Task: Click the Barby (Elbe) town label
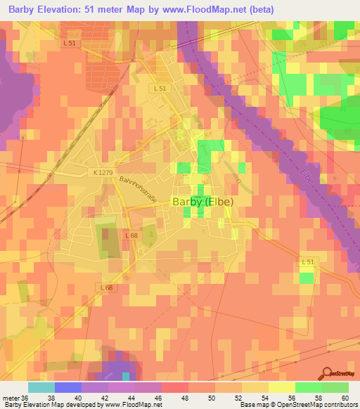click(202, 201)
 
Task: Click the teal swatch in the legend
click(41, 387)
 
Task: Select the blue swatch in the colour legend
click(67, 387)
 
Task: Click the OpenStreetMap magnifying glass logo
click(327, 373)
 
